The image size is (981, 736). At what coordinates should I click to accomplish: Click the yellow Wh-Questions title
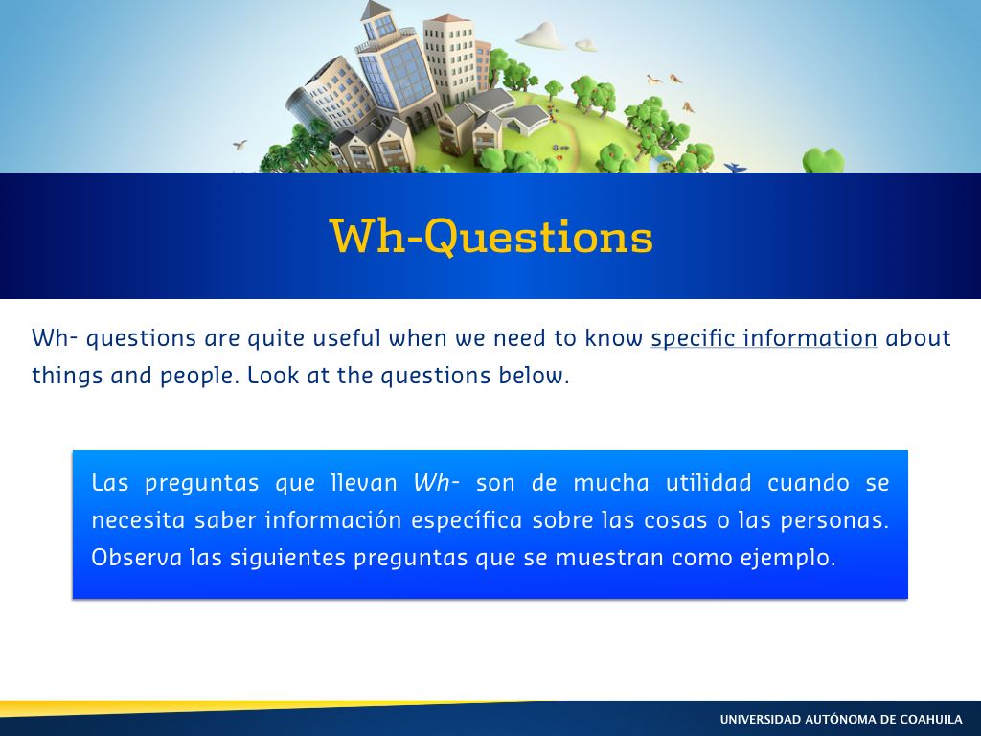point(491,236)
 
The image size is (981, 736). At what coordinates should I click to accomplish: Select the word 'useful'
point(347,337)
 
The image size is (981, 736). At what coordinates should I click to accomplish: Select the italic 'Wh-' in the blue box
point(437,483)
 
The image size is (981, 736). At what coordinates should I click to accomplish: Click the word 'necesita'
point(138,520)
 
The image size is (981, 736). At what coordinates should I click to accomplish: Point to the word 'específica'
point(467,520)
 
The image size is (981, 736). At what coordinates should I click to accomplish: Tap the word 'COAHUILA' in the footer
point(931,719)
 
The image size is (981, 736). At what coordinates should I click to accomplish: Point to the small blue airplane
point(735,167)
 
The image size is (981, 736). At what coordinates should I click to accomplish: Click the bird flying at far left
point(240,145)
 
